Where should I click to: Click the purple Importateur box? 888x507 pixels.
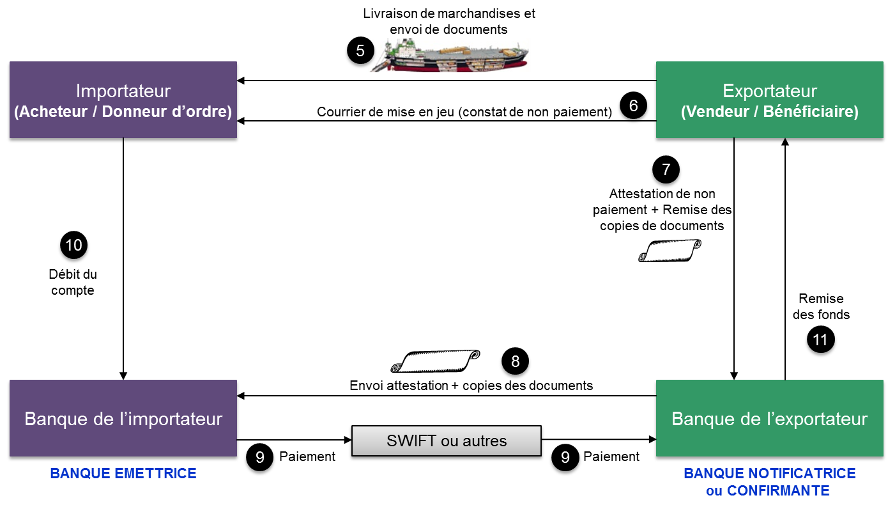point(123,100)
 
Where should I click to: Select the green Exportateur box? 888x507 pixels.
point(769,100)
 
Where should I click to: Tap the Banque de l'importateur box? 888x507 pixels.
point(123,419)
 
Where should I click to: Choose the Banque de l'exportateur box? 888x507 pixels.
point(769,419)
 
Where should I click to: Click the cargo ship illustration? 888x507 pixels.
point(448,55)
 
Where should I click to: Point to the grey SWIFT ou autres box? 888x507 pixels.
point(447,441)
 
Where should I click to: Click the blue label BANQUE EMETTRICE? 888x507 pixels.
point(123,473)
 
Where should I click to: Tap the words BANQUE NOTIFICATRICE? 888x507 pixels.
point(769,473)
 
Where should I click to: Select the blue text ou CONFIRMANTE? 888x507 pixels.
point(768,490)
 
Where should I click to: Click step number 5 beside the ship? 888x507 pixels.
point(360,51)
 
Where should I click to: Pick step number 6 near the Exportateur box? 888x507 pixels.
point(633,105)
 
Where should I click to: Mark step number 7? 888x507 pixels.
point(666,169)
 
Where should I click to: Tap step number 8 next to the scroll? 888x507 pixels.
point(515,361)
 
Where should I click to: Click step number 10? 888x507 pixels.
point(73,245)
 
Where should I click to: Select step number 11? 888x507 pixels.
point(820,339)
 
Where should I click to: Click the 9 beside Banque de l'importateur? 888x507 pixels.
point(260,457)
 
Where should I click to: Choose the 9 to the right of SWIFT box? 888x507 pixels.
point(565,457)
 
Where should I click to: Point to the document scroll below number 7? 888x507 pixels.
point(670,250)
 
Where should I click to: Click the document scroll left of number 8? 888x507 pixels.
point(435,361)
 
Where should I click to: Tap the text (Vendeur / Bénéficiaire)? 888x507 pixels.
point(769,112)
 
